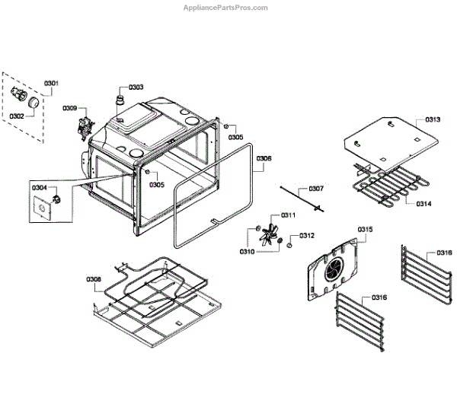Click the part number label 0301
pos(51,83)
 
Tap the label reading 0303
pos(136,87)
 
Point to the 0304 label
pos(40,187)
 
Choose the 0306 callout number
pos(264,159)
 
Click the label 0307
pos(315,188)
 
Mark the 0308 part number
pos(94,280)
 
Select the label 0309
pos(70,109)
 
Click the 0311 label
pos(288,215)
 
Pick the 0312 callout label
pos(307,235)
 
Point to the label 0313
pos(433,119)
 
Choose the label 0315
pos(366,229)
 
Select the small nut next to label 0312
pos(290,245)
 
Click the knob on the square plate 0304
pos(56,199)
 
